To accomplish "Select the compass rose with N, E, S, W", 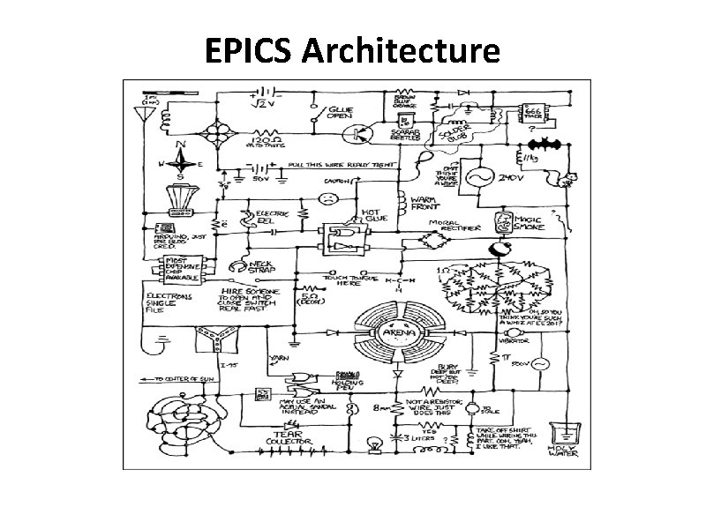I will tap(182, 162).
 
